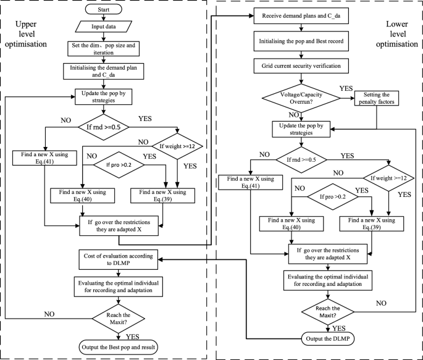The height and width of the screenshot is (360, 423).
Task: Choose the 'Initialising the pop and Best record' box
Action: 300,42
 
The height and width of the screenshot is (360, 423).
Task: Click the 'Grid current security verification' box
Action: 300,64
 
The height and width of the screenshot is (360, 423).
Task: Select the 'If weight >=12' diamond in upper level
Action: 178,146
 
